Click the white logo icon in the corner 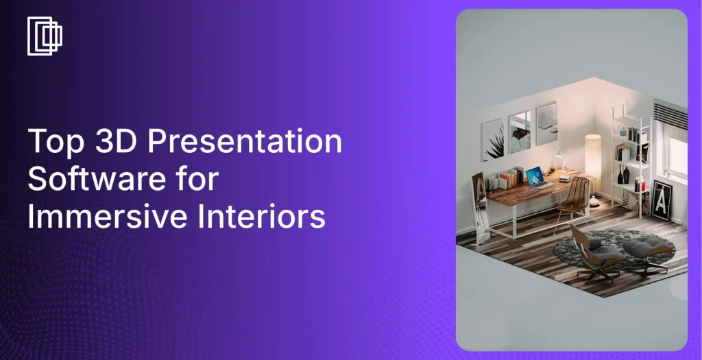[x=45, y=36]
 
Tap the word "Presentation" [x=245, y=141]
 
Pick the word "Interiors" [x=261, y=216]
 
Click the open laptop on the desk [x=536, y=178]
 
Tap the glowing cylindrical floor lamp [x=593, y=157]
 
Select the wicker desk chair [x=574, y=202]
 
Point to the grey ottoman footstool [x=649, y=252]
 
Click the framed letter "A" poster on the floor [x=662, y=200]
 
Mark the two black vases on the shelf [x=623, y=174]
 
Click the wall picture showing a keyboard [x=546, y=123]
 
